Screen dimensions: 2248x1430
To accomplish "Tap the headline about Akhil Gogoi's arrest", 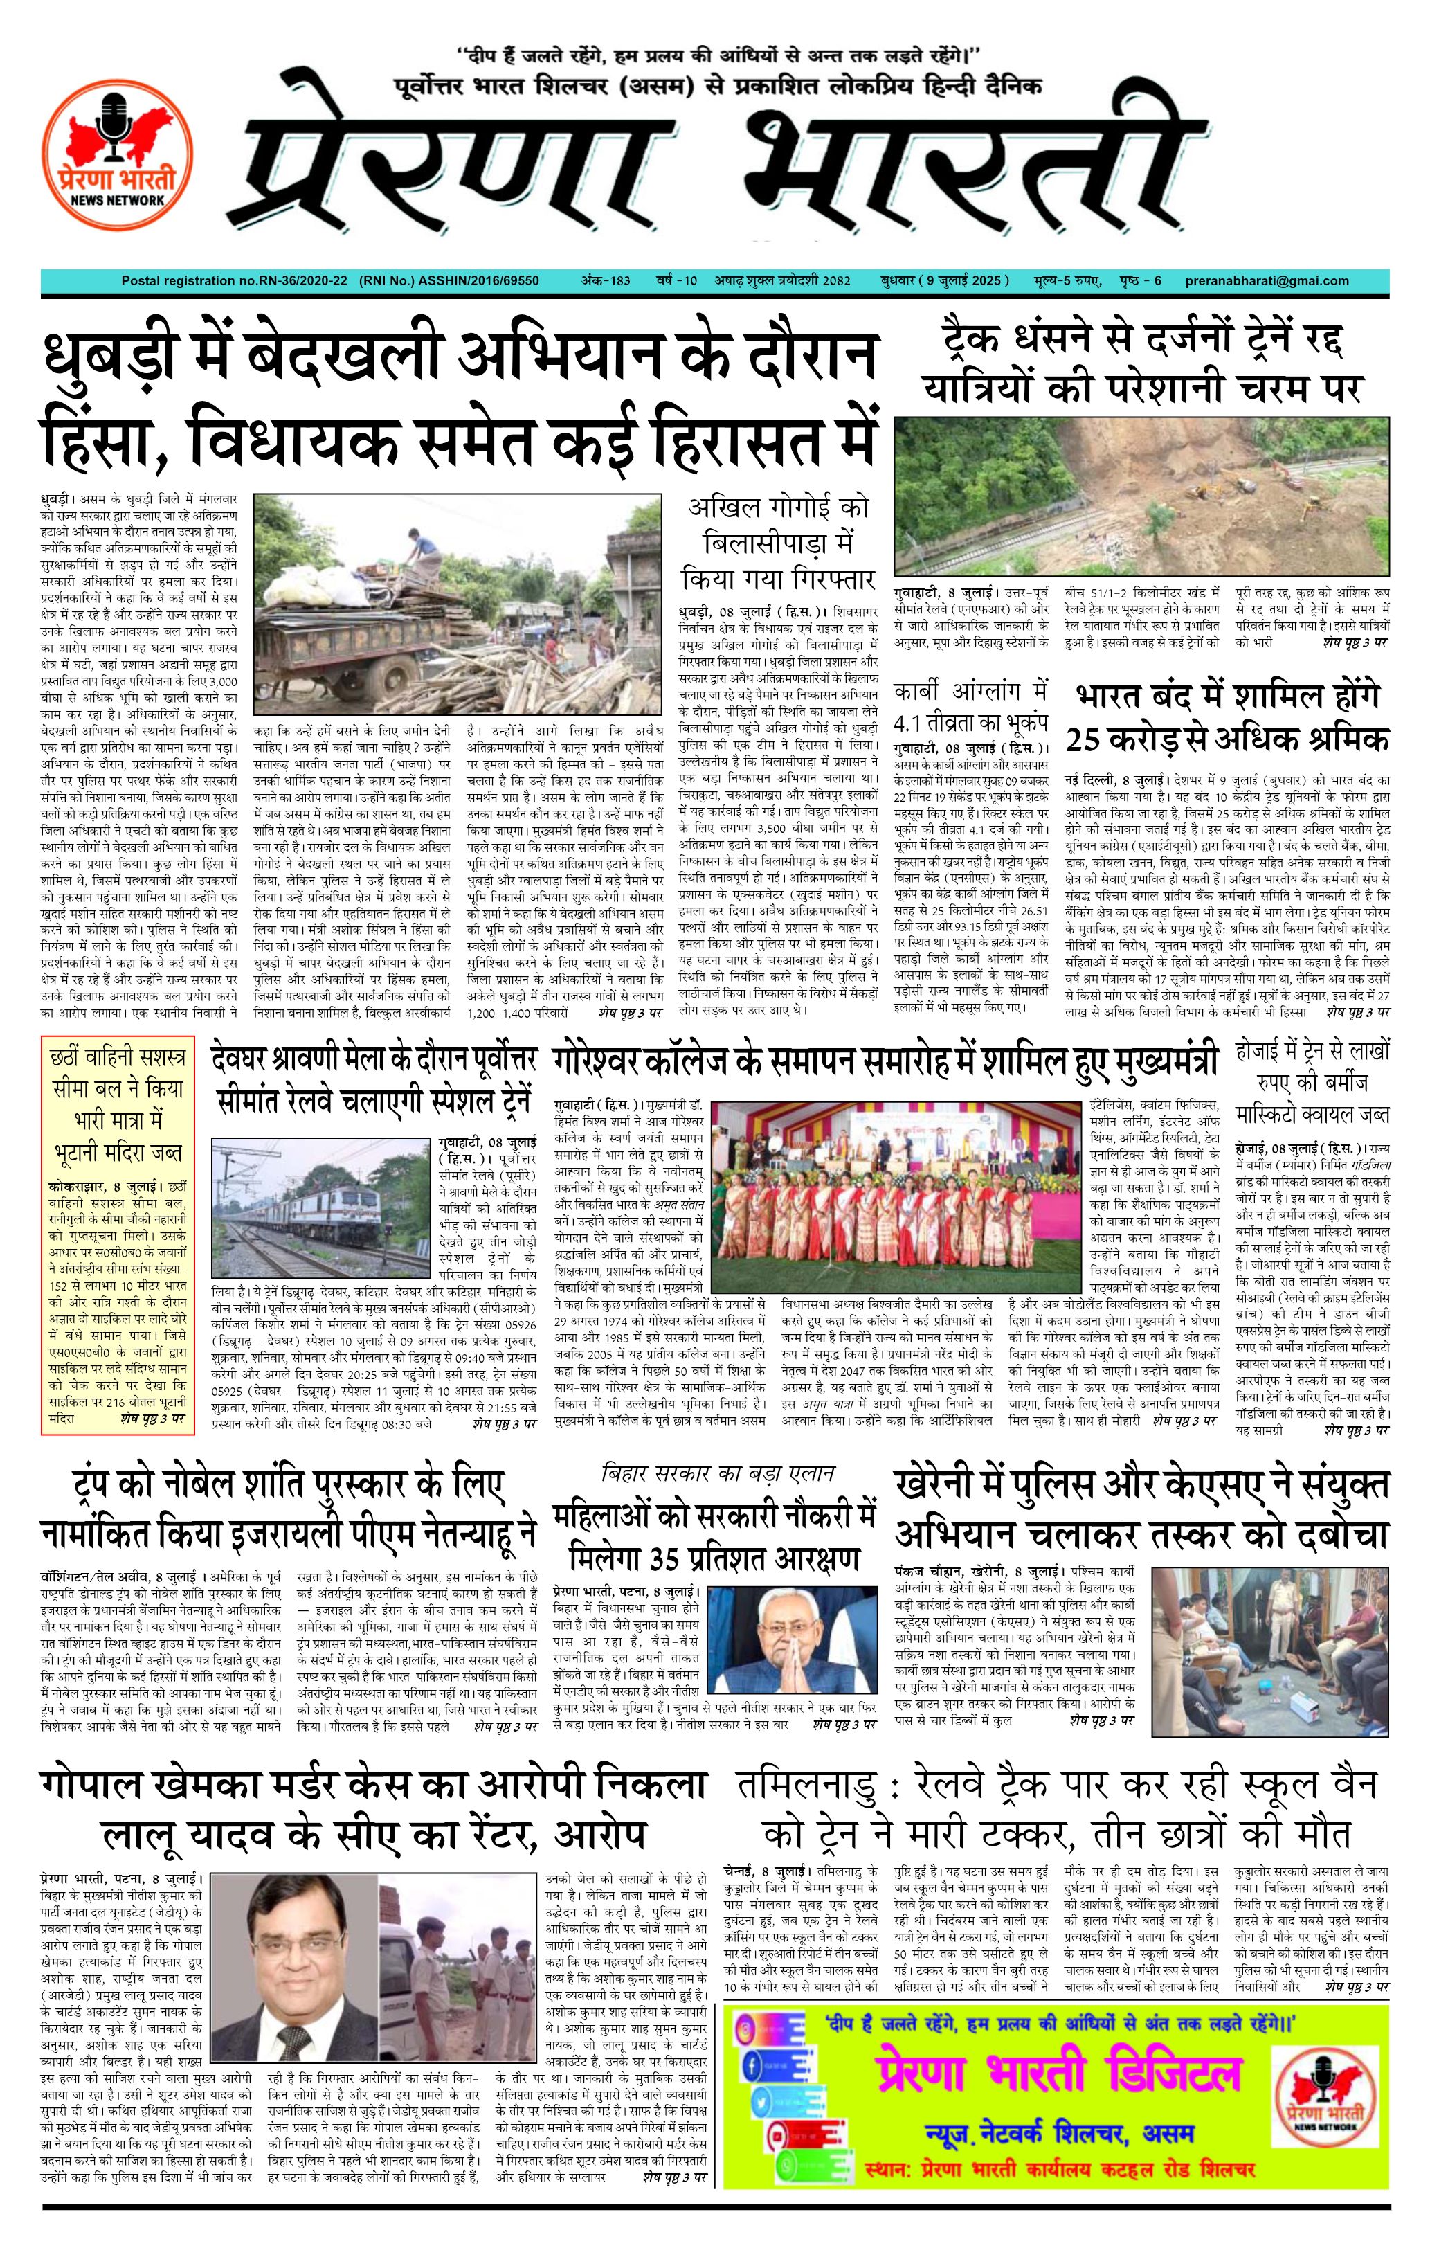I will pos(779,542).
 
